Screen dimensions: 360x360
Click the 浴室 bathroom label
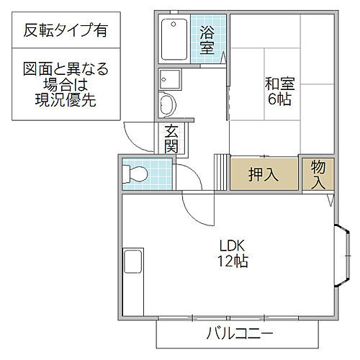click(208, 40)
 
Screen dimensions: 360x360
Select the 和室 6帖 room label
click(279, 91)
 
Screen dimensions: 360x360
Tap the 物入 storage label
click(319, 174)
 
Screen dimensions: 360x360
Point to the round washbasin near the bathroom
click(166, 105)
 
